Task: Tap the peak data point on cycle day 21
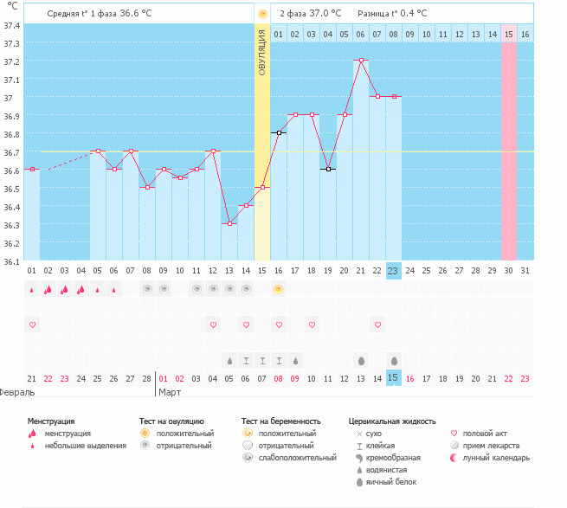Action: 360,61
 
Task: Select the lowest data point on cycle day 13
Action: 229,223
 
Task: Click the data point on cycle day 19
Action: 328,169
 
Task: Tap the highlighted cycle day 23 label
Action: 393,271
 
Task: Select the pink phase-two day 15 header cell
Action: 508,34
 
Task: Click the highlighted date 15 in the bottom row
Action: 393,377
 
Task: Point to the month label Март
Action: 170,392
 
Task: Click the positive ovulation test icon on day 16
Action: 279,289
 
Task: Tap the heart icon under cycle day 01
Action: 32,325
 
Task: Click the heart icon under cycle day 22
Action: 377,325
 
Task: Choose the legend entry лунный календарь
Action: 495,457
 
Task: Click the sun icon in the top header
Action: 261,15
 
